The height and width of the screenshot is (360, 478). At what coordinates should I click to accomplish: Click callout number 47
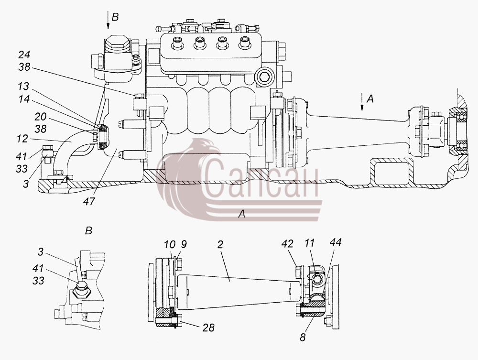pyautogui.click(x=89, y=201)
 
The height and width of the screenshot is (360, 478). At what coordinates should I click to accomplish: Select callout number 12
pyautogui.click(x=23, y=139)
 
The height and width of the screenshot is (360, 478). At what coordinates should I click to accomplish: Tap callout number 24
pyautogui.click(x=24, y=55)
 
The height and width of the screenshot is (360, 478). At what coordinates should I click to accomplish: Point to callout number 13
pyautogui.click(x=23, y=86)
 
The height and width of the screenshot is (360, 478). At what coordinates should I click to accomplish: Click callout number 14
pyautogui.click(x=24, y=99)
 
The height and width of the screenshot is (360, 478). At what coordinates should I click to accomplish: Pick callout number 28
pyautogui.click(x=208, y=327)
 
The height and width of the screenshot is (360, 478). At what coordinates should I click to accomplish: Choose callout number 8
pyautogui.click(x=303, y=338)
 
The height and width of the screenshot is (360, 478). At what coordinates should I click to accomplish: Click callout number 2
pyautogui.click(x=220, y=244)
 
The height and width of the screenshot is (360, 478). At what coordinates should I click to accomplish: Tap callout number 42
pyautogui.click(x=287, y=243)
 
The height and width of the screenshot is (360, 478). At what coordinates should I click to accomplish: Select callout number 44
pyautogui.click(x=336, y=242)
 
